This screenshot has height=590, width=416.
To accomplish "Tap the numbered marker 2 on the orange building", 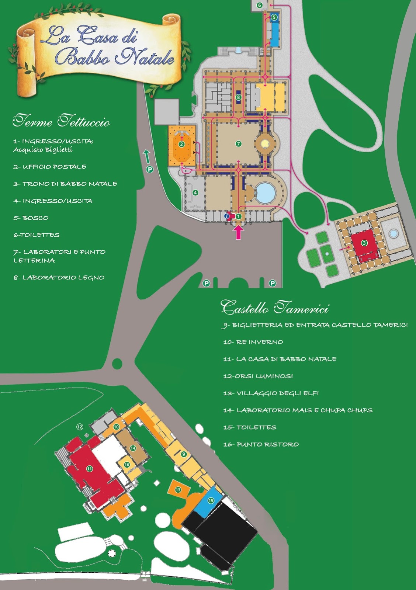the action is [x=181, y=144].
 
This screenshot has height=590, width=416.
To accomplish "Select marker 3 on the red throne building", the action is [x=364, y=243].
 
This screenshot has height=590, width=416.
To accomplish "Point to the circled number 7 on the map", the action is [x=239, y=143].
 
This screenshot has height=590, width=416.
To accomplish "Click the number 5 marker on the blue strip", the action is [x=274, y=17].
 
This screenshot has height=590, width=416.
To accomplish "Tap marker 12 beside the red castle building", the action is [x=80, y=427].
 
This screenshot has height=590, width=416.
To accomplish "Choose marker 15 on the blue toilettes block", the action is [x=211, y=500].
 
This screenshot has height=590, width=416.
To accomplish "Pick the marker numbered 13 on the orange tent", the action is [x=178, y=489].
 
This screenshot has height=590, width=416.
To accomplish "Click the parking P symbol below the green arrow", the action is [x=150, y=170].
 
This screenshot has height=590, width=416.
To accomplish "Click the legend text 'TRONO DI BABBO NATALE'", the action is [x=65, y=184].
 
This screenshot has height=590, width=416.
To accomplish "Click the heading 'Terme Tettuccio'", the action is [x=61, y=121].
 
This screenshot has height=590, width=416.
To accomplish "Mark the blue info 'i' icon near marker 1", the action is [x=226, y=216].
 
